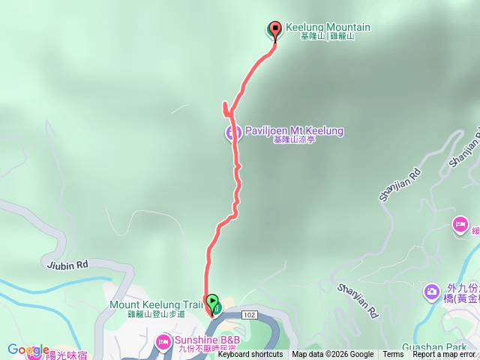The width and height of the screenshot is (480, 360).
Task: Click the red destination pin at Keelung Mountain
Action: [x=274, y=30]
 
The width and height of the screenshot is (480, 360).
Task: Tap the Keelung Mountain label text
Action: [x=328, y=28]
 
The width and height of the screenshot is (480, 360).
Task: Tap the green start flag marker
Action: [x=212, y=303]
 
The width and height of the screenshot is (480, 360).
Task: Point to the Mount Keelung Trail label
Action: [x=156, y=304]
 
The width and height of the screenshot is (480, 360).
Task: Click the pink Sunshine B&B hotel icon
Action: [x=163, y=342]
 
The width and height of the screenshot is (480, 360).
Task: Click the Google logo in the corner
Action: [x=28, y=349]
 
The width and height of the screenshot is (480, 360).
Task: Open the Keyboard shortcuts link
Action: [x=250, y=355]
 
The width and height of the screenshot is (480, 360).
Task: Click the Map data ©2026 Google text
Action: [x=333, y=355]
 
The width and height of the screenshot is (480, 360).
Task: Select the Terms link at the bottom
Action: [x=393, y=355]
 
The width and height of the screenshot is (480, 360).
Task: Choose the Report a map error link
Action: [x=444, y=355]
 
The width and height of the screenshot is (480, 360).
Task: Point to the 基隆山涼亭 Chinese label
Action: [x=294, y=140]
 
